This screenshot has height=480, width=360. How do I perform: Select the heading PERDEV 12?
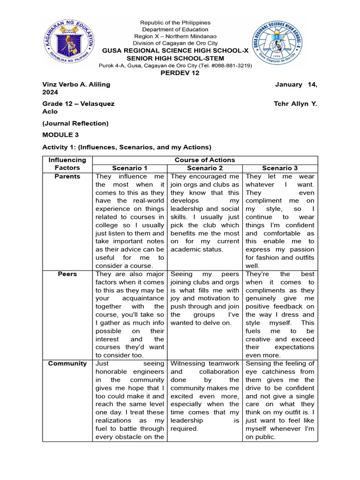point(180,73)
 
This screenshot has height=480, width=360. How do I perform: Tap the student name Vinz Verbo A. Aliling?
point(76,84)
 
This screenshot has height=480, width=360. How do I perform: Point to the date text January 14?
point(296,84)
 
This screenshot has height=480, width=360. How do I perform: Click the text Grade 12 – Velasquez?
point(78,104)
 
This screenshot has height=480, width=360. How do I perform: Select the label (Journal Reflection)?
point(75,123)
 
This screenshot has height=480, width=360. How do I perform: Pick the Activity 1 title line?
point(127,147)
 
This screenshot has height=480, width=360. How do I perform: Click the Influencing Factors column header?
point(67,164)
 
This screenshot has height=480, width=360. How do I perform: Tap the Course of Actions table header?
point(205,160)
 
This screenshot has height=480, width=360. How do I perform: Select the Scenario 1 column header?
point(130,168)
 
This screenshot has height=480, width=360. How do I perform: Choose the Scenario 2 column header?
point(205,168)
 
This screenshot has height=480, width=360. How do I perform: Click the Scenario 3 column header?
point(280,168)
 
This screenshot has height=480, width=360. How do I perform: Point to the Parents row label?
point(67,176)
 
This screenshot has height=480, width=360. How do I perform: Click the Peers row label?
point(67,274)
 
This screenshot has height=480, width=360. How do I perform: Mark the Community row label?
point(67,363)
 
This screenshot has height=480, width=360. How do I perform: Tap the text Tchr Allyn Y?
point(295,104)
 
